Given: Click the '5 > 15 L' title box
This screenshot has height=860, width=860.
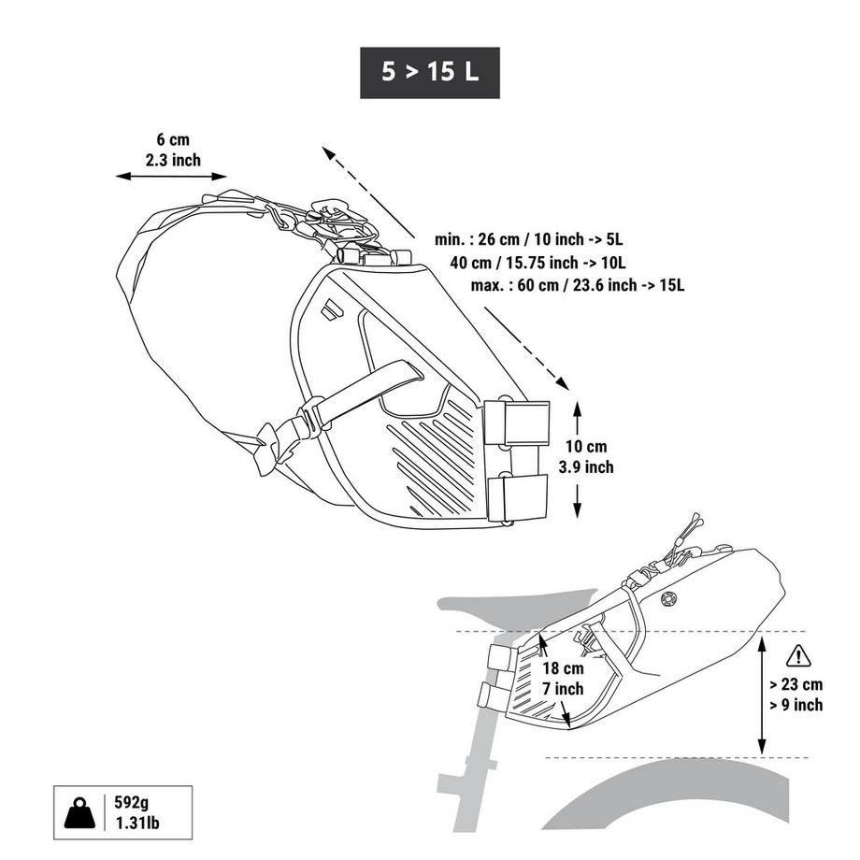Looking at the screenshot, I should tap(430, 73).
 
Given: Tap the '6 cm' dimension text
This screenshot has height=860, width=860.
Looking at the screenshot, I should tap(173, 139).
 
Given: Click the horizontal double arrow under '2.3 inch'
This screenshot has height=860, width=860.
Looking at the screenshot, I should tap(172, 176).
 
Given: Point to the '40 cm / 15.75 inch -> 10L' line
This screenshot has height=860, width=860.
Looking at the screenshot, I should tap(537, 262).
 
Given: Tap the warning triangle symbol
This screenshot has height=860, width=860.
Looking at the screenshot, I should tap(798, 655).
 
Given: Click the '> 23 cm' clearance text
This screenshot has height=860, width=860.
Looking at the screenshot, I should tap(796, 683).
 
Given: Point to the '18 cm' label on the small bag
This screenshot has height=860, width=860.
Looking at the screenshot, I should tap(563, 668).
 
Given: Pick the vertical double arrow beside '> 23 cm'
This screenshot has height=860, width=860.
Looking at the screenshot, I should tap(762, 694).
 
